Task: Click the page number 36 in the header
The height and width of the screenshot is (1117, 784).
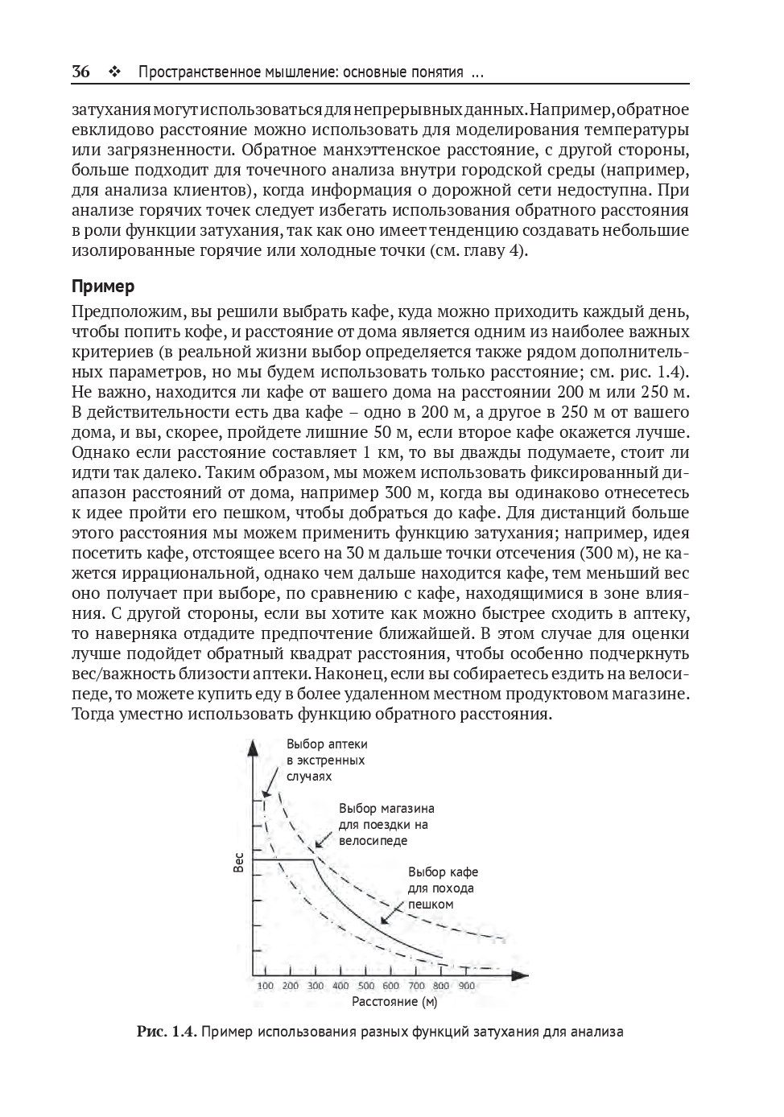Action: [80, 72]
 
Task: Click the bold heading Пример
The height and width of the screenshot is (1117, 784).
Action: [103, 286]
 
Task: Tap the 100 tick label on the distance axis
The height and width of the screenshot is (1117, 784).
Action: [265, 986]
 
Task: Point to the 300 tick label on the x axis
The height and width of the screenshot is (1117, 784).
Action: [315, 986]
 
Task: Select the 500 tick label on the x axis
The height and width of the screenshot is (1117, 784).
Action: [366, 986]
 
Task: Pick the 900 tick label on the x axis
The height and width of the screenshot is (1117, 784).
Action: [467, 986]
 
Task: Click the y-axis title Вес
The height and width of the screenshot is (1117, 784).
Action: [238, 863]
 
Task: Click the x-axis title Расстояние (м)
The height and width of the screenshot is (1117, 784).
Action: [394, 1002]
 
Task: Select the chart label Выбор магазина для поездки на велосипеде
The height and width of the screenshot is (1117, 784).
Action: [386, 824]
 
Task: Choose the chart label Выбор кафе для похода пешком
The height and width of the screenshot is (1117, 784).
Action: [443, 888]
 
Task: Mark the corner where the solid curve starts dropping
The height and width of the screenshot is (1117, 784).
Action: [312, 860]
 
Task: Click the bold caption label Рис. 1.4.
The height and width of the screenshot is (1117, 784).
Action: [166, 1031]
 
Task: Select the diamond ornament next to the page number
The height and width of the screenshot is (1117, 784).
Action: [113, 72]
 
